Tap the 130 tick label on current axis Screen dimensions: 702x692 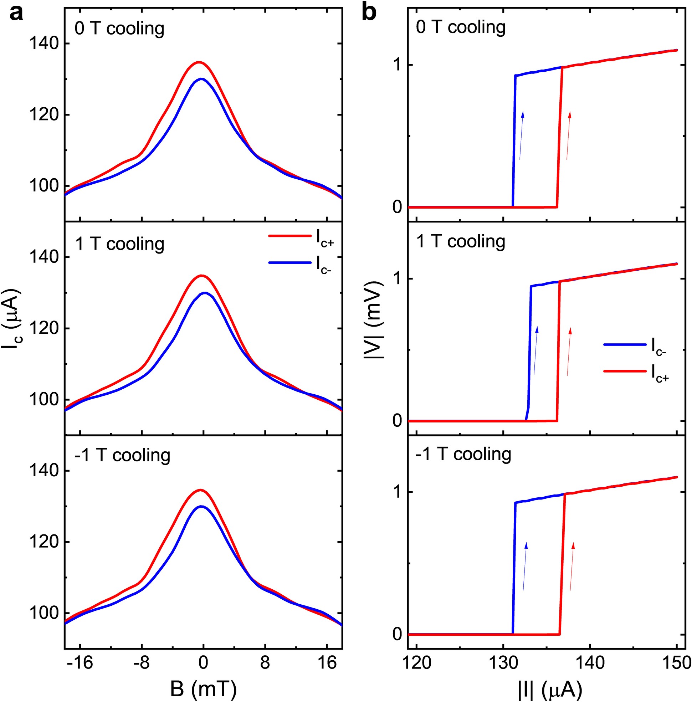503,663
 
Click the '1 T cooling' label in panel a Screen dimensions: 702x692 119,244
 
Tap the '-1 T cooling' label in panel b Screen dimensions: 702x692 463,454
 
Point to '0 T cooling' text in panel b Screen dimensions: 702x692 461,27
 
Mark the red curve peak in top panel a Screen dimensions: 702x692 199,62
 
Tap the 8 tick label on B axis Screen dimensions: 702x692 265,663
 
